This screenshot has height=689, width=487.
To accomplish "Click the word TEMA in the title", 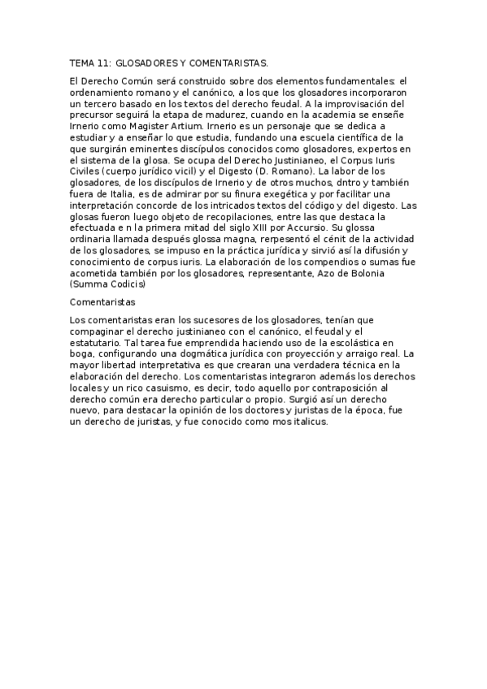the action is pos(83,62).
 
